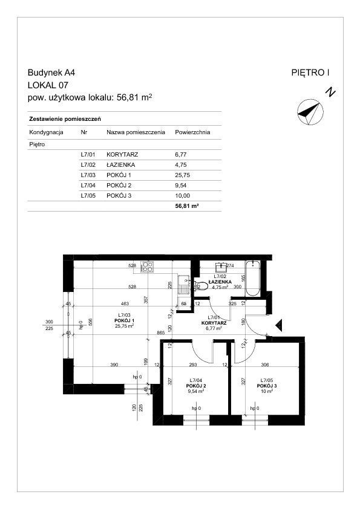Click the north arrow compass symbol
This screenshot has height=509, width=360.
[x=310, y=112]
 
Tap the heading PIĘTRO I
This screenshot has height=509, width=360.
[x=310, y=73]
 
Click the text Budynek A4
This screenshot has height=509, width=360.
[x=51, y=73]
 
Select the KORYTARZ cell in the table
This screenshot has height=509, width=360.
[x=122, y=155]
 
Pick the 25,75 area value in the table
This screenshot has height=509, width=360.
[x=182, y=175]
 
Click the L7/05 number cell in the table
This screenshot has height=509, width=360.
[x=88, y=196]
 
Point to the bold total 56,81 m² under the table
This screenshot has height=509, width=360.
[x=187, y=206]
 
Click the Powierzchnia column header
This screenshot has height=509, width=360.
[x=192, y=132]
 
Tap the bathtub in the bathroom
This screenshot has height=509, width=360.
[x=252, y=278]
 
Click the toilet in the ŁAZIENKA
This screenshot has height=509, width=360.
[x=201, y=286]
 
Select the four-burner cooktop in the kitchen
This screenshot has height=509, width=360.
[x=147, y=267]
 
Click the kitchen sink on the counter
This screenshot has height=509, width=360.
[x=184, y=284]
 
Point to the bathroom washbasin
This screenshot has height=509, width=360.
[x=221, y=267]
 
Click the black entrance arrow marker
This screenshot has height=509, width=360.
[x=278, y=325]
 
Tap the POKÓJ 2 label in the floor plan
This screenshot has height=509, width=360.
[x=196, y=386]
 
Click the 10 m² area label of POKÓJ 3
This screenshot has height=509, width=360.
[x=267, y=391]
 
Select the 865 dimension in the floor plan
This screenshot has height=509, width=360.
[x=160, y=332]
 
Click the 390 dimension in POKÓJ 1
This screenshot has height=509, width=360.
[x=114, y=365]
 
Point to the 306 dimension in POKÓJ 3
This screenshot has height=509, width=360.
[x=265, y=365]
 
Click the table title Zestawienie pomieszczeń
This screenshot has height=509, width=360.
[x=65, y=119]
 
